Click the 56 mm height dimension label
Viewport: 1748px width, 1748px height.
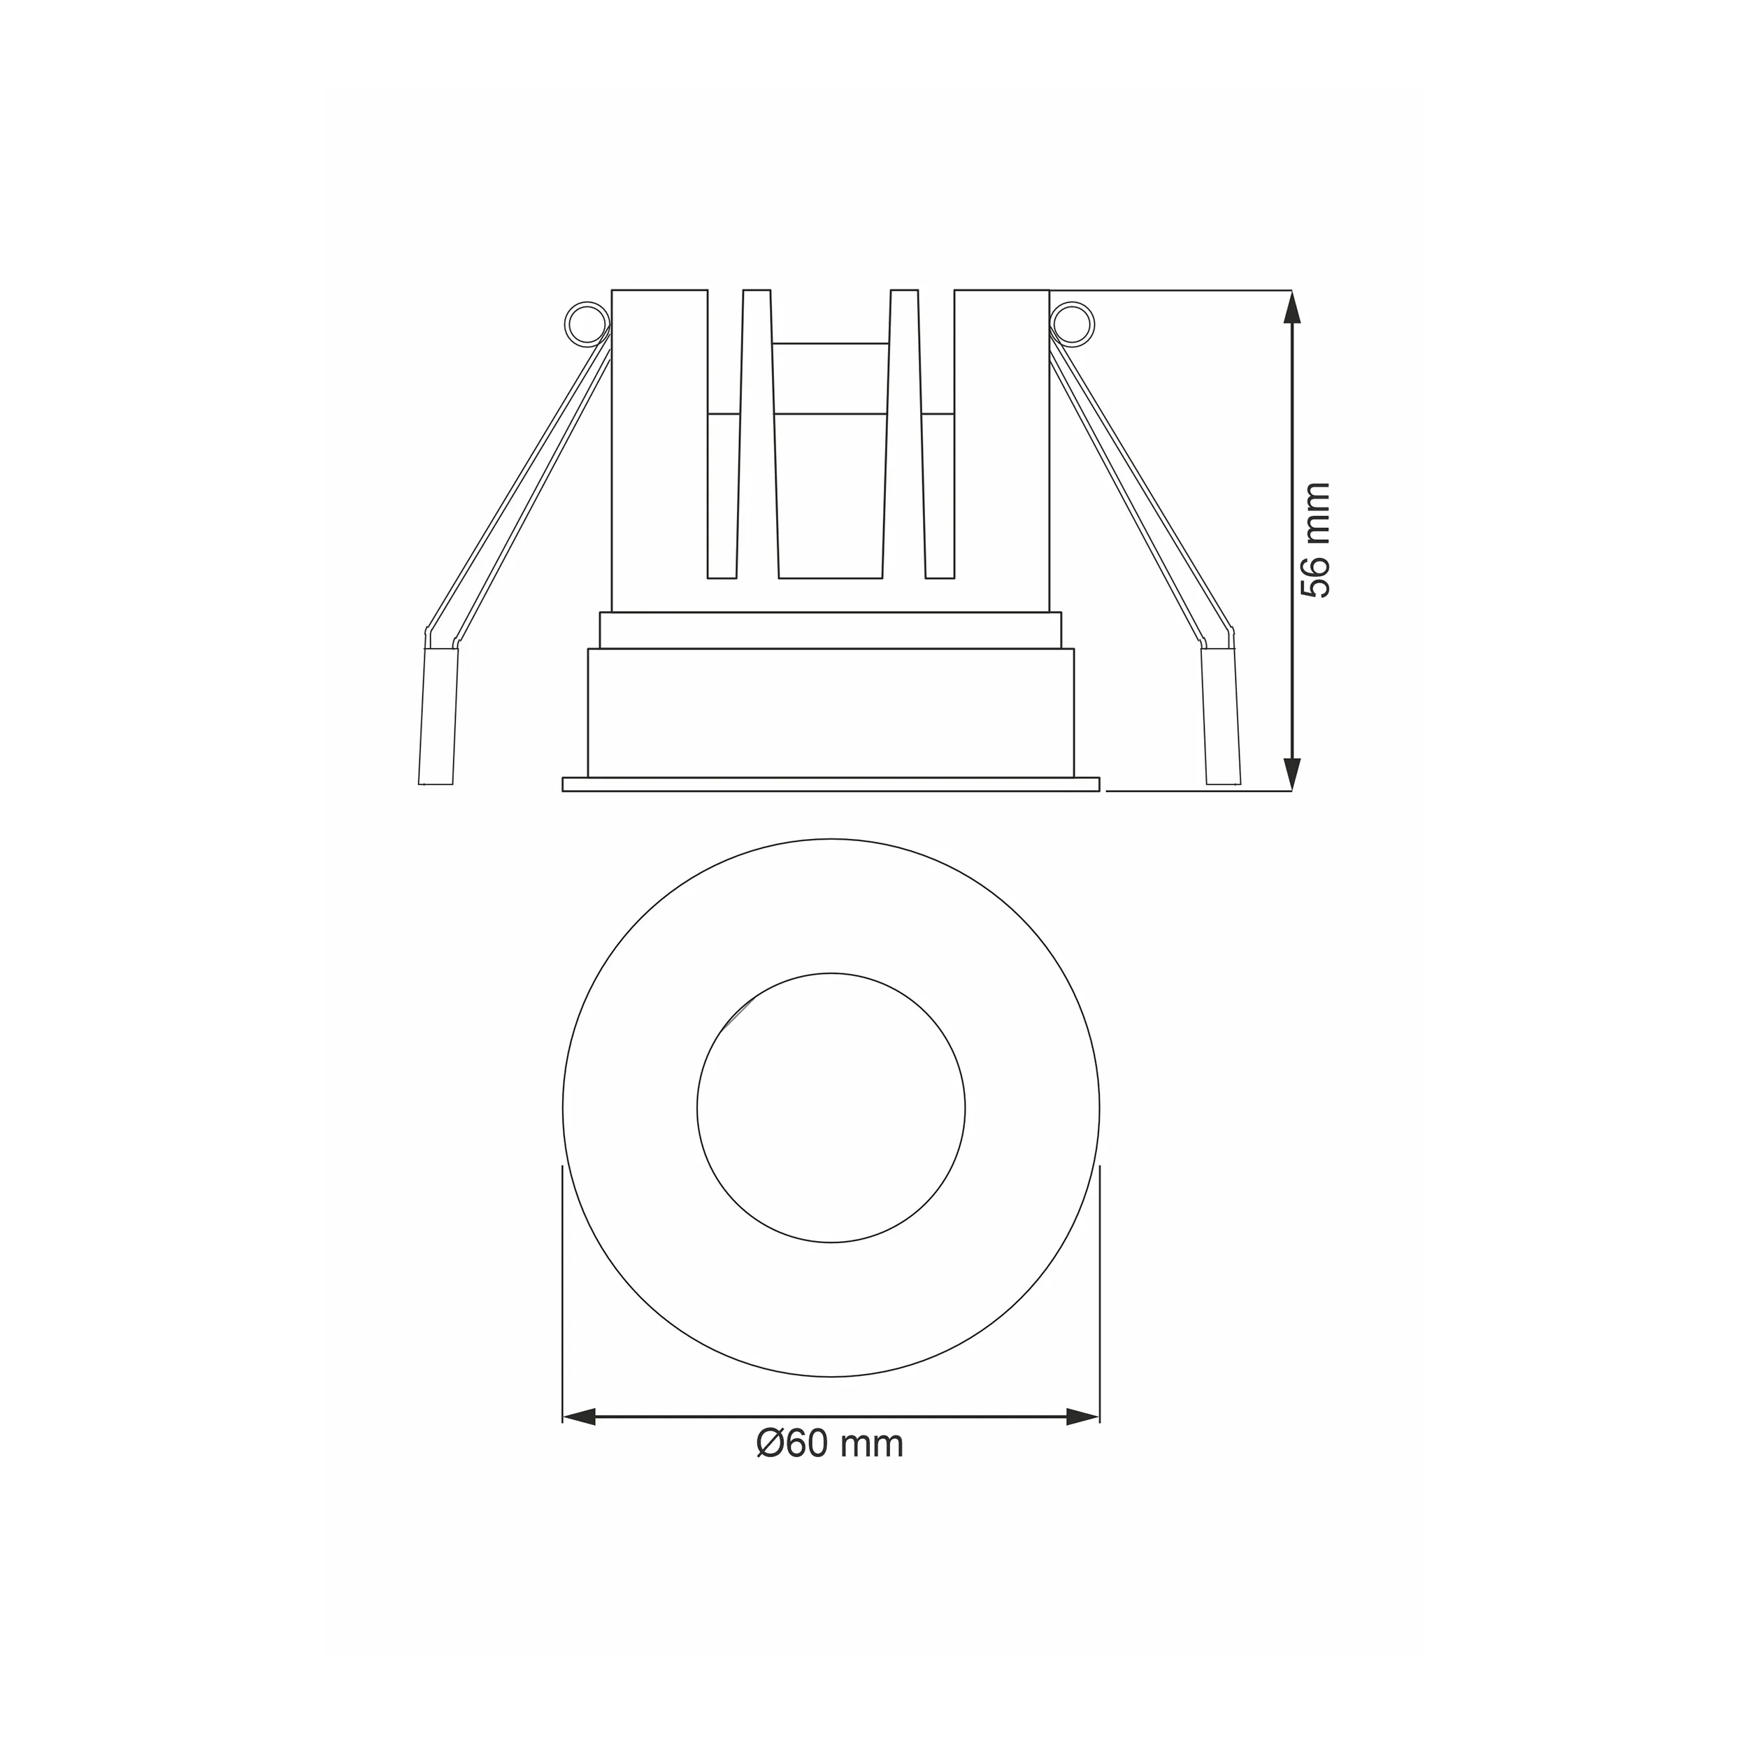pyautogui.click(x=1314, y=540)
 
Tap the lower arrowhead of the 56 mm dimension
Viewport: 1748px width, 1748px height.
pyautogui.click(x=1292, y=775)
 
